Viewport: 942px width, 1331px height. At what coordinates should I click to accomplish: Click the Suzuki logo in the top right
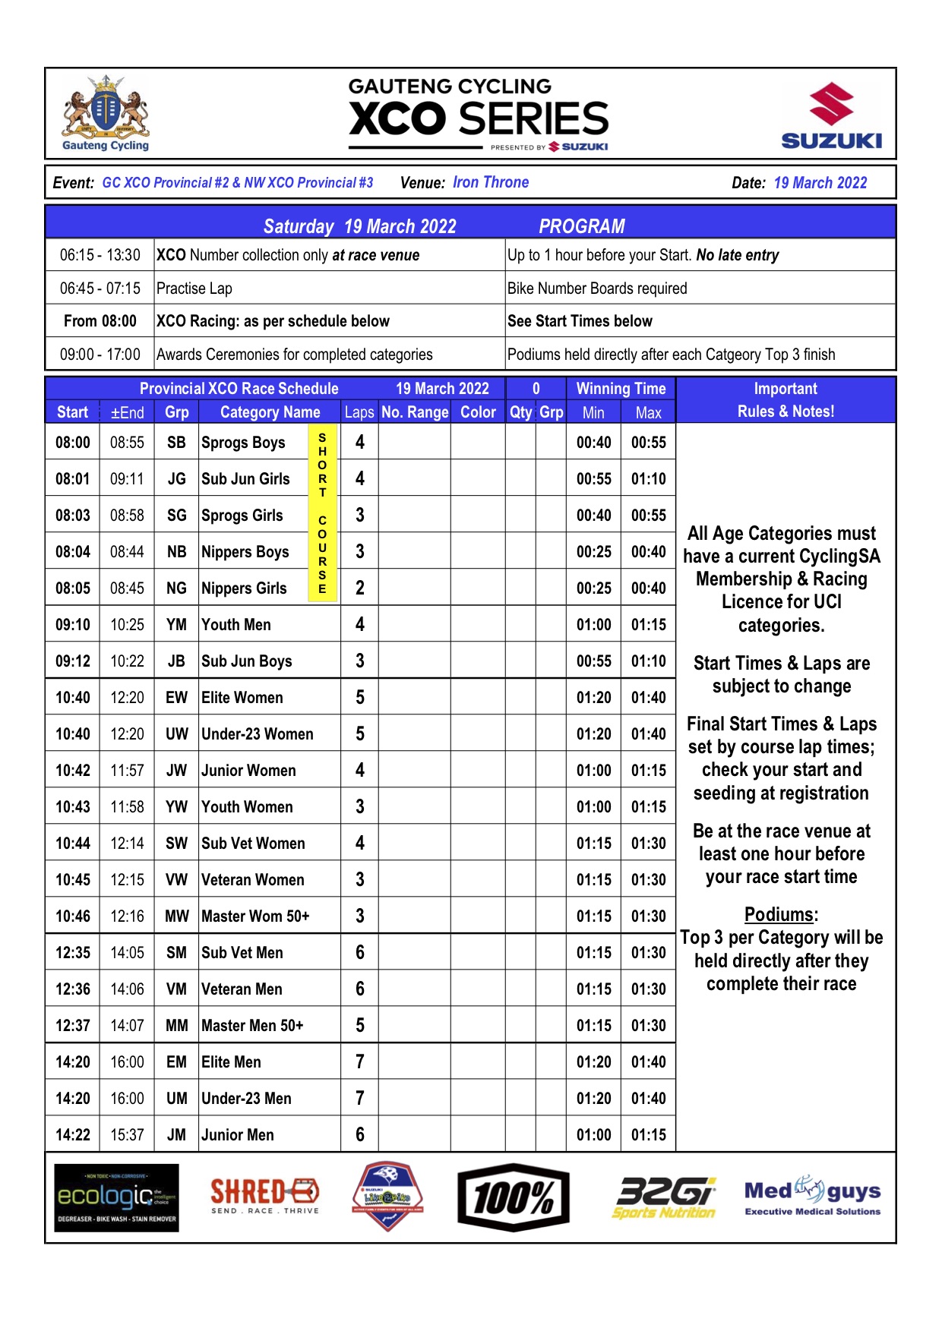[831, 116]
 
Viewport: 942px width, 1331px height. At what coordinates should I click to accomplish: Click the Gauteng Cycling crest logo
[106, 113]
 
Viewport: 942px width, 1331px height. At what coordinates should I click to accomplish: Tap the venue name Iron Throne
[490, 182]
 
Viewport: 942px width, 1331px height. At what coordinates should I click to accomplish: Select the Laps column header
[359, 412]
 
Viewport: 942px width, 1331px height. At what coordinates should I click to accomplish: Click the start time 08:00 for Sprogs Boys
[73, 443]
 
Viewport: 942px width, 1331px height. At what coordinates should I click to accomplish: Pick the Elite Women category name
[242, 698]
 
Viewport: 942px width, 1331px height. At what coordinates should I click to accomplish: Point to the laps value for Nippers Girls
[360, 588]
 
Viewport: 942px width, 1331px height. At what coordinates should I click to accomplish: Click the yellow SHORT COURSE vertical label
[322, 515]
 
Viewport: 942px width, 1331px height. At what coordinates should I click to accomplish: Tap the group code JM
[176, 1135]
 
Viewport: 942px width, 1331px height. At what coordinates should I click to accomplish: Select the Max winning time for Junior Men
[648, 1135]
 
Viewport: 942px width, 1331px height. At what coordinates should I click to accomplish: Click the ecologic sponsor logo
[116, 1197]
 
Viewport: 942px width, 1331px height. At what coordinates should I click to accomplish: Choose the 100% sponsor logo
[514, 1197]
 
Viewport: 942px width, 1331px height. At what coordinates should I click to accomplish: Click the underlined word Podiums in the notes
[781, 915]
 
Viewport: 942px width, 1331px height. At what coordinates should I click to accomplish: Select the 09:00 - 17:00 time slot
[100, 355]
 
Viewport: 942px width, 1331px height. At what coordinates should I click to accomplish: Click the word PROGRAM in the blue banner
[581, 226]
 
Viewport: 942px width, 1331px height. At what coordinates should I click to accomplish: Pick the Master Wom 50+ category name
[255, 916]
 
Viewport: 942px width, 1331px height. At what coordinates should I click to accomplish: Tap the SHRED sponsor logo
[264, 1195]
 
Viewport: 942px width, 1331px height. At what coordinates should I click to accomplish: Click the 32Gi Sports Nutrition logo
[665, 1197]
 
